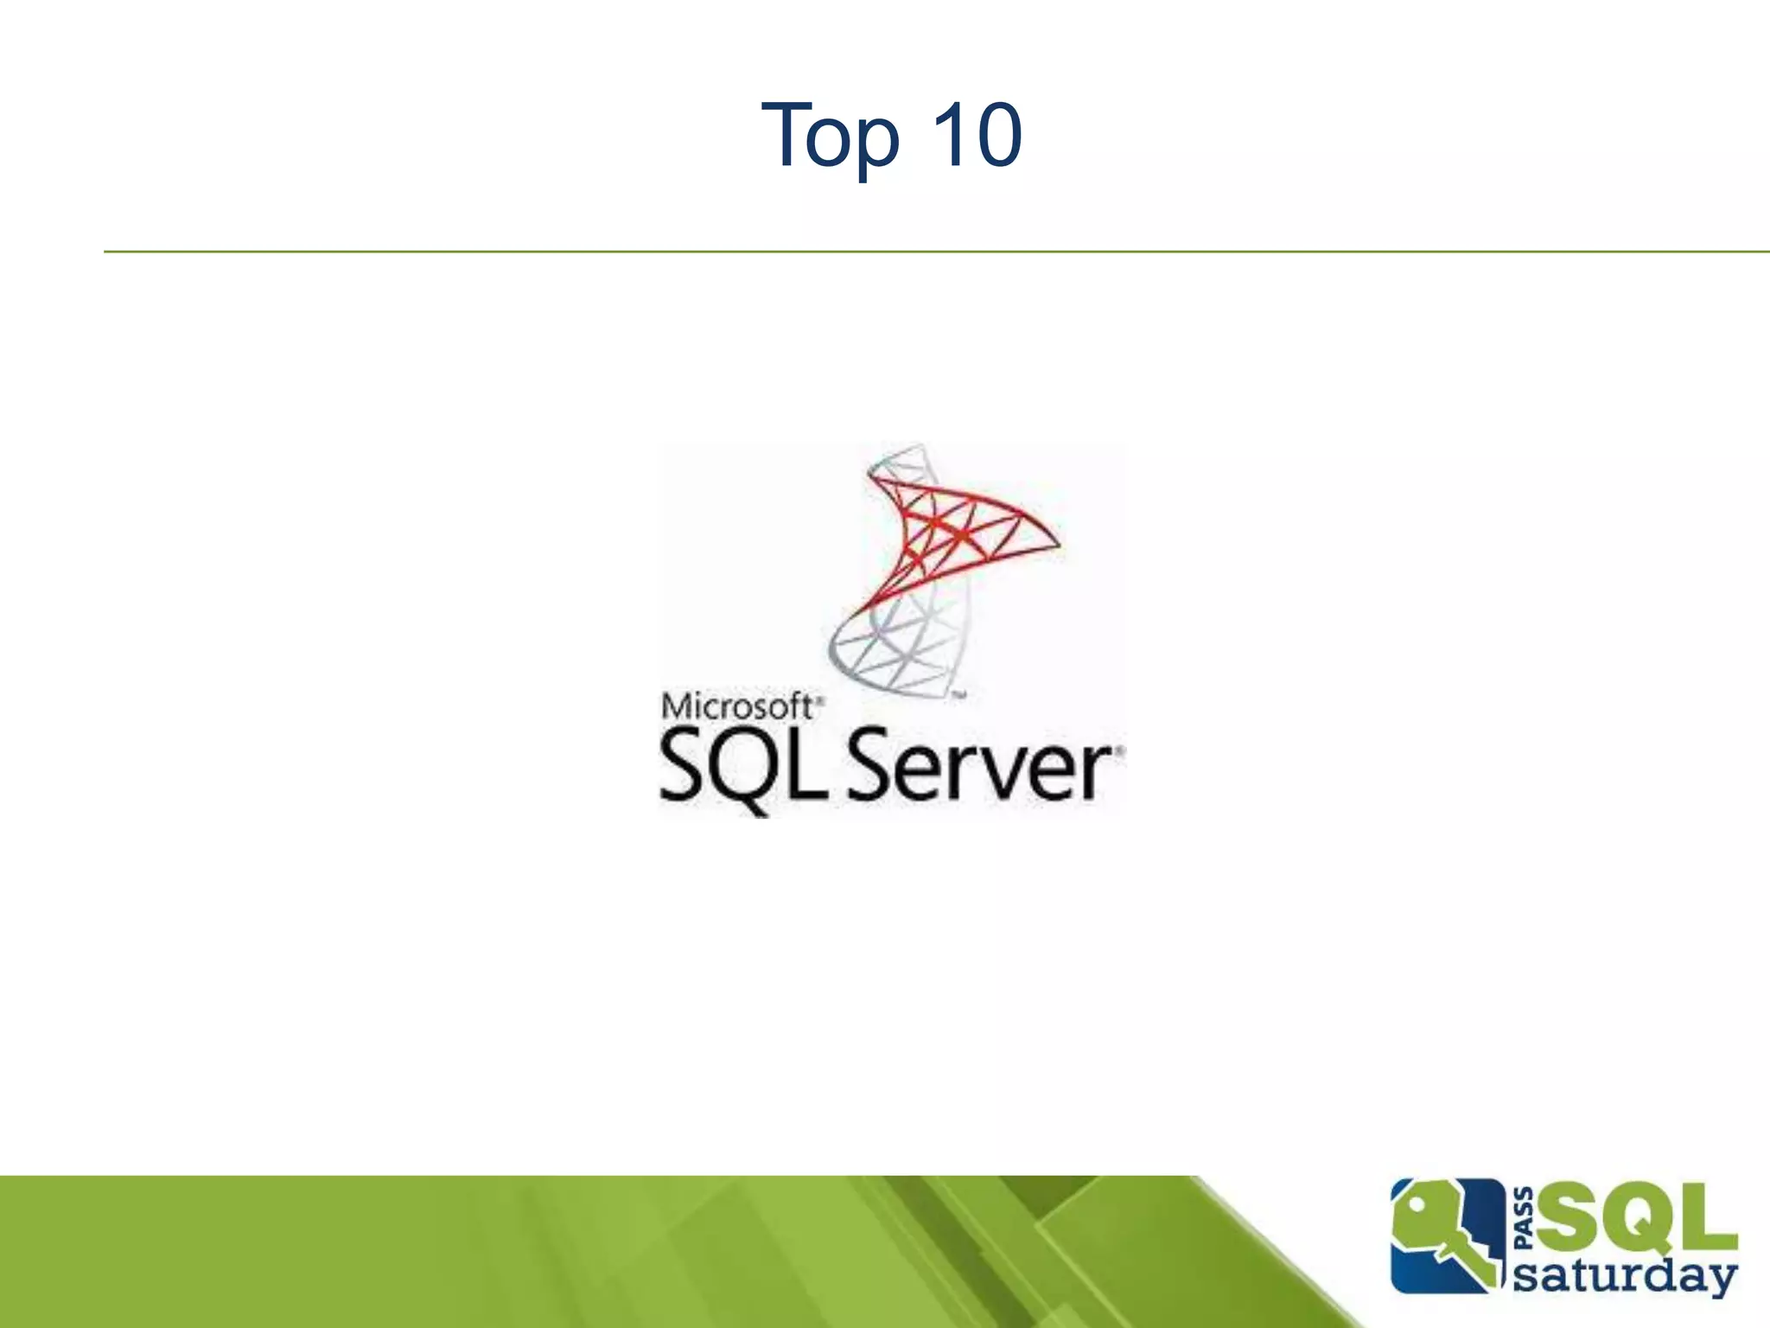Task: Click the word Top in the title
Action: click(831, 137)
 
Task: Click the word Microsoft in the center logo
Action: click(736, 706)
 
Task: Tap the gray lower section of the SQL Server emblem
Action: click(899, 648)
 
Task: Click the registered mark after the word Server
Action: click(1120, 750)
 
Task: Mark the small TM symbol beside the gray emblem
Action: click(958, 694)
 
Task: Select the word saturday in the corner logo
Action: click(1625, 1276)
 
